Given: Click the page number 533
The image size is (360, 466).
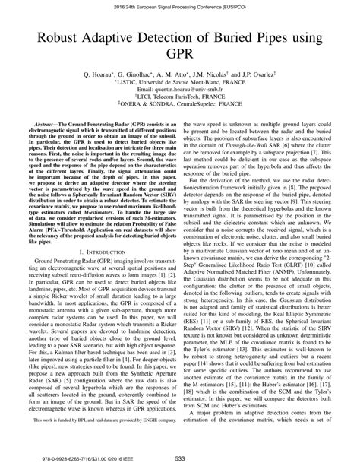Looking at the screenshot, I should (180, 457).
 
